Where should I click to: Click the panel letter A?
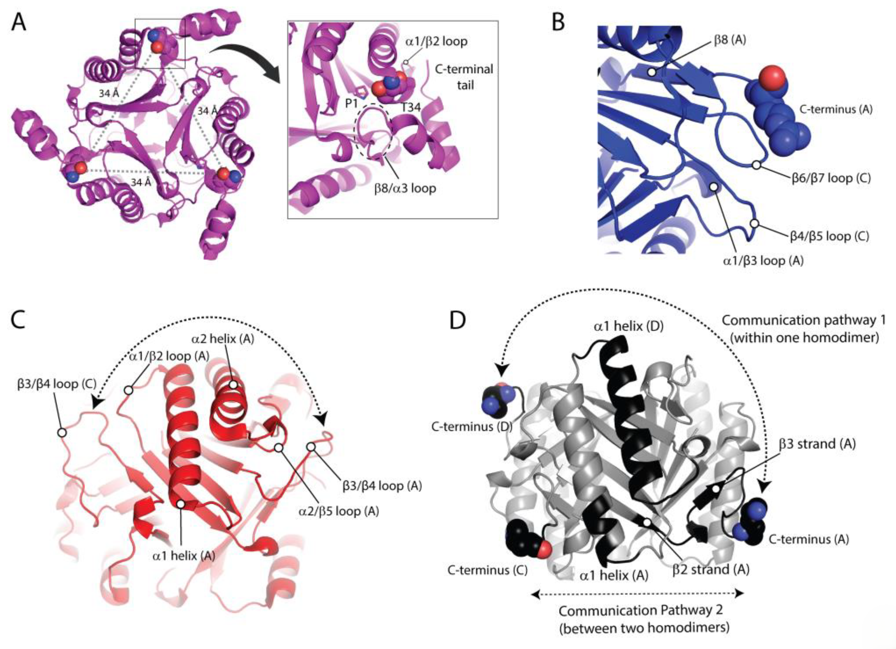[19, 23]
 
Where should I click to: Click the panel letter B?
[558, 23]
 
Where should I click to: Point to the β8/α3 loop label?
[405, 188]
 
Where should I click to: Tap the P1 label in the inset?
[352, 104]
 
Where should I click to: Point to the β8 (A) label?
[730, 40]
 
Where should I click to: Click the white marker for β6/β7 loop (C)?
[756, 165]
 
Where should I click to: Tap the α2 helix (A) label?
[223, 339]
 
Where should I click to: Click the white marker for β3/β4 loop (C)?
[62, 432]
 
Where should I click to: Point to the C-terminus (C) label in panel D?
[487, 570]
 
